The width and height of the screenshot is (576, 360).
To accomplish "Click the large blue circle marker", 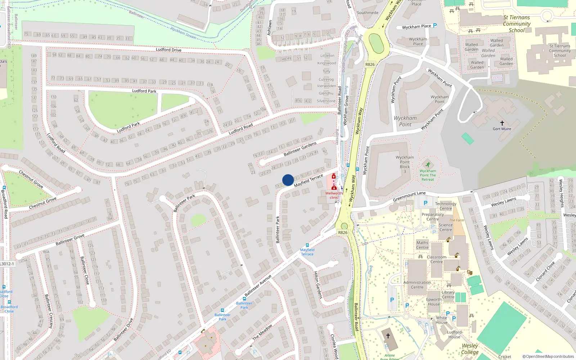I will coord(288,180).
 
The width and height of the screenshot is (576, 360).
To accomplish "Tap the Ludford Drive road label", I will coord(168,50).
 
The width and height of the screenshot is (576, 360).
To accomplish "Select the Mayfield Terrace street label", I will coord(309,181).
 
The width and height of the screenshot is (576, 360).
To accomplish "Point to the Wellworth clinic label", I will coord(334,195).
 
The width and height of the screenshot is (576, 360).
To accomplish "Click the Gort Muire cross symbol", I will coord(502,123).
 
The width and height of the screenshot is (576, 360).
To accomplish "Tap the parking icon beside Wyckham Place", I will coord(435,26).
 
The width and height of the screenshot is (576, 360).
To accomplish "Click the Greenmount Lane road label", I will coord(409,197).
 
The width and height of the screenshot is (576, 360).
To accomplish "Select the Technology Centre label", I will coord(446,206).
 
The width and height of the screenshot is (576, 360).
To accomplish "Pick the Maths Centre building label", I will coord(422,245).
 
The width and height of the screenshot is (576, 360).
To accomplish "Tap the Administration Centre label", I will coord(417,285).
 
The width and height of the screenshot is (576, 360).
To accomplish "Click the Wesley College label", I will coord(470,349).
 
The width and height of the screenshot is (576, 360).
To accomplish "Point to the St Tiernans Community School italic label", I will coord(517,24).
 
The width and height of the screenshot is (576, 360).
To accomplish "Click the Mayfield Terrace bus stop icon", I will coord(307,245).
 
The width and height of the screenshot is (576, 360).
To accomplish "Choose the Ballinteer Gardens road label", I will coord(300,149).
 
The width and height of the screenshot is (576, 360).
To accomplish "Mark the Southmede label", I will coord(368,13).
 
